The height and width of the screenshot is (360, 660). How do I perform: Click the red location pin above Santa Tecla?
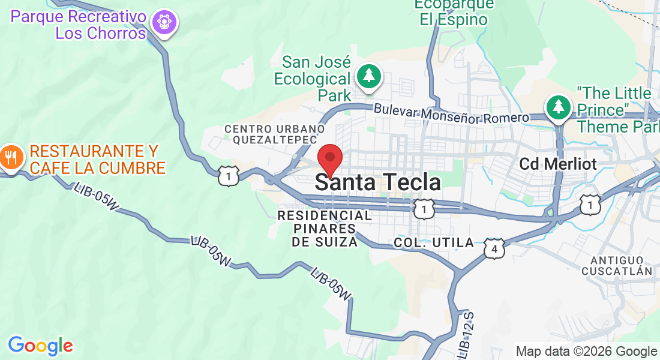[329, 158]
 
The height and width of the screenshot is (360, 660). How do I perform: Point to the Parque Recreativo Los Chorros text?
[78, 25]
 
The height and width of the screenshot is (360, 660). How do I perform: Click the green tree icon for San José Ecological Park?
[369, 76]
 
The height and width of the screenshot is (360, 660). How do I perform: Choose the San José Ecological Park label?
[316, 79]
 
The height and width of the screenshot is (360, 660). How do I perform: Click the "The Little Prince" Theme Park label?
[614, 110]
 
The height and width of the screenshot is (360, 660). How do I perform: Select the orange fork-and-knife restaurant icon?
[11, 158]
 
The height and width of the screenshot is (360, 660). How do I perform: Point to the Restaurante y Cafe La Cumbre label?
[97, 160]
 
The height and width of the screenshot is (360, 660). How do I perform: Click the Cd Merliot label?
[558, 164]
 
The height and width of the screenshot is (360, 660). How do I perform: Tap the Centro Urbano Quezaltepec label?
[274, 134]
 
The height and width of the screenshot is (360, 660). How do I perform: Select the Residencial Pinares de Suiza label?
[325, 229]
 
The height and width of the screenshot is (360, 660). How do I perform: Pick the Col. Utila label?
[433, 243]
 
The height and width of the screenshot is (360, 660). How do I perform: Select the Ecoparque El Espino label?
[454, 12]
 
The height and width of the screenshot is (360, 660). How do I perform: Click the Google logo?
[40, 346]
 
